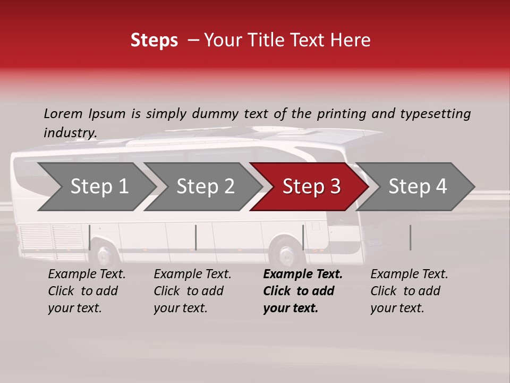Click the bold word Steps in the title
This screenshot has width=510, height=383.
click(154, 40)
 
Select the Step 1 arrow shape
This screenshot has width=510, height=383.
click(96, 187)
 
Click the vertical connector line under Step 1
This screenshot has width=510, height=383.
click(90, 237)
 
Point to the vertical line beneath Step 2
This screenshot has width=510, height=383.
click(196, 237)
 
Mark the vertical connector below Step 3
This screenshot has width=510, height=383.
click(303, 237)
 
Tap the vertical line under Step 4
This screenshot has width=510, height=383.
click(410, 237)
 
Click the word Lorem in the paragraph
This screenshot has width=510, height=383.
click(63, 113)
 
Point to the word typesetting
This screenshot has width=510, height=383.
click(435, 114)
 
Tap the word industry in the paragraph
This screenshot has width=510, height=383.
click(70, 133)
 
